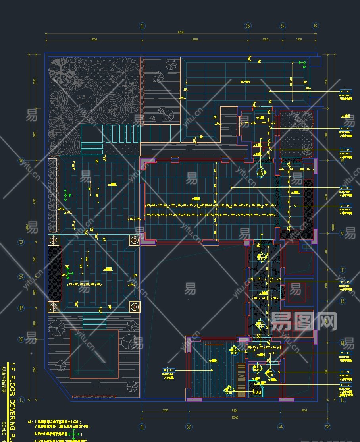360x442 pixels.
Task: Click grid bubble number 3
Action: tap(248, 26)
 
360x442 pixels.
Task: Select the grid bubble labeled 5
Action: tap(283, 26)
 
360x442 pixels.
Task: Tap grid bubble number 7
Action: tap(327, 427)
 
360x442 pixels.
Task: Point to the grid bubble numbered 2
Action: tap(189, 427)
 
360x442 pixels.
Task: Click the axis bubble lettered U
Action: tap(21, 242)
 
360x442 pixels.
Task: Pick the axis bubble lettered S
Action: tap(21, 277)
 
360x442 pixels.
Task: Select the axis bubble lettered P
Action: tap(21, 308)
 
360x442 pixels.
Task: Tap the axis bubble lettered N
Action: tap(21, 339)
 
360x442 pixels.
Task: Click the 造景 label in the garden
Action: tap(82, 97)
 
